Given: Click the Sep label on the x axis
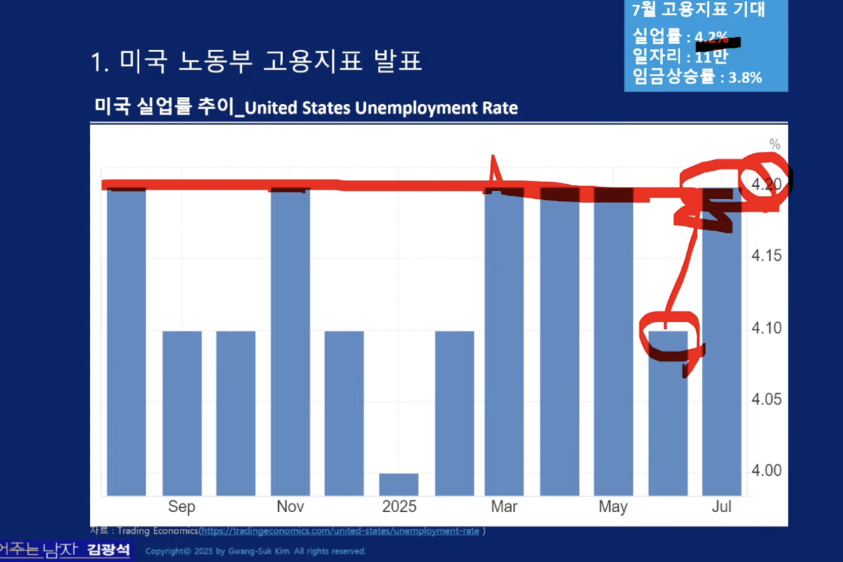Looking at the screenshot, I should (182, 507).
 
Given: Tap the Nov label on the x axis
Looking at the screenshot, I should (290, 507).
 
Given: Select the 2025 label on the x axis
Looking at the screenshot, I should (399, 507).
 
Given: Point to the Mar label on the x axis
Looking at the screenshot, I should (504, 507).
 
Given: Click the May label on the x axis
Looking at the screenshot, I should (613, 507).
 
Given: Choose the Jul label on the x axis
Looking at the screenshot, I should (721, 507).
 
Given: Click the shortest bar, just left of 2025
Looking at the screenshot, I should (399, 484).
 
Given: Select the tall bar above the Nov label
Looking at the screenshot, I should (290, 337).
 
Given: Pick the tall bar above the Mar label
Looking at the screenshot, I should (504, 337).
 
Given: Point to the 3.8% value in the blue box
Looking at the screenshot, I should (745, 78).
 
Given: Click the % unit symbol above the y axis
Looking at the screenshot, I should (775, 144).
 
